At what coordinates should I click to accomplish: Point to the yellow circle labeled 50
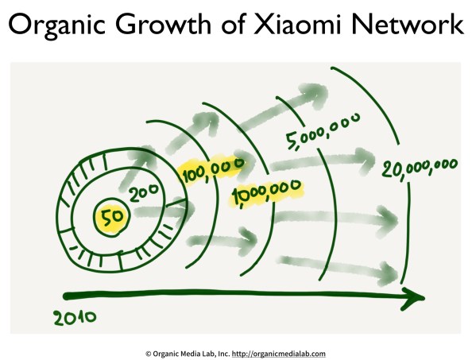(106, 215)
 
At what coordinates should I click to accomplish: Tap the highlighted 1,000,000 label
(266, 191)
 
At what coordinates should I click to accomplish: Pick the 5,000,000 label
(323, 131)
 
